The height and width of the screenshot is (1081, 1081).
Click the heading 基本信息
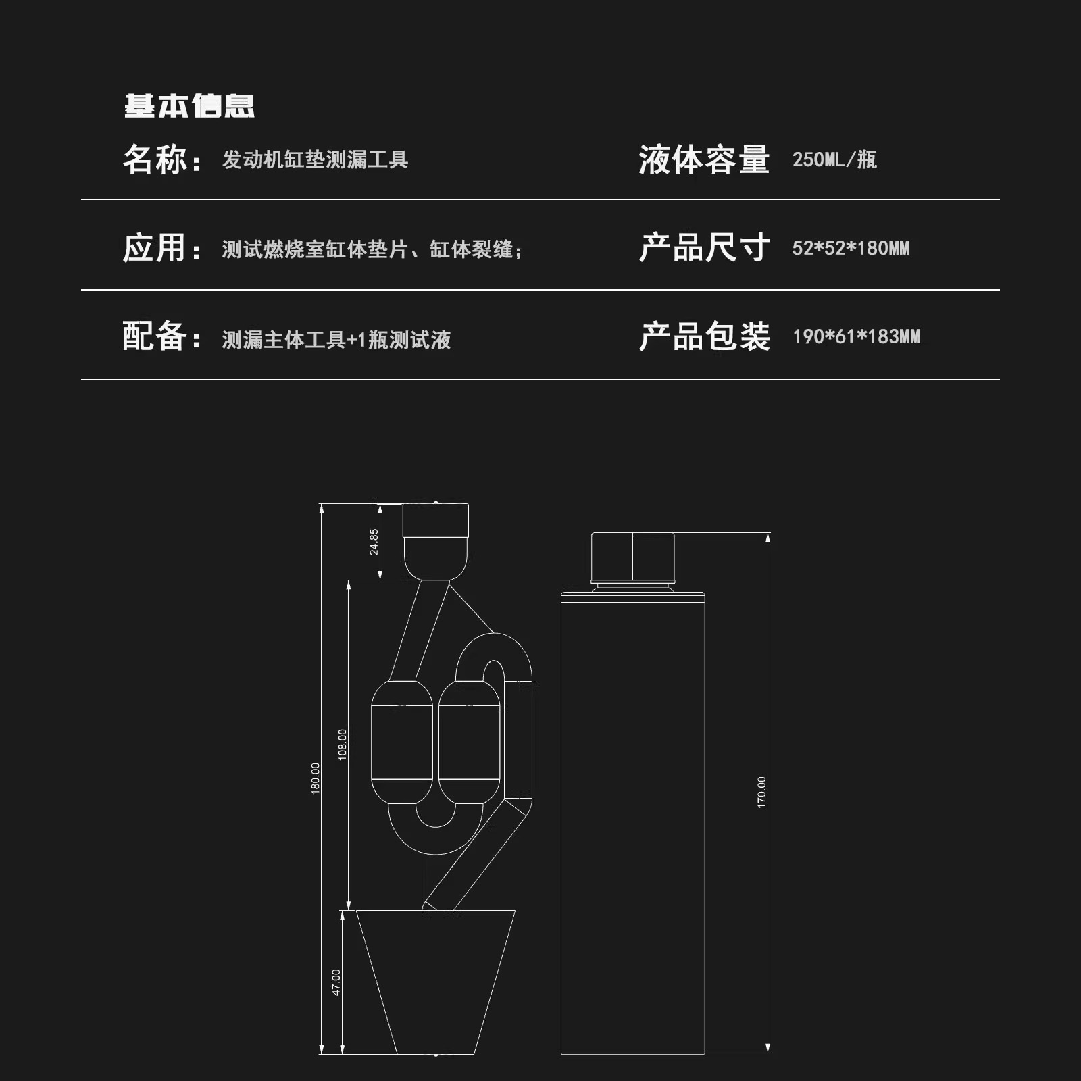189,106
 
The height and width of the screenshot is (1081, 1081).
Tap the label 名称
155,160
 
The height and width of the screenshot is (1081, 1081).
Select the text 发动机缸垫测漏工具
315,160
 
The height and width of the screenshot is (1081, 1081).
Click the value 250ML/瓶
834,160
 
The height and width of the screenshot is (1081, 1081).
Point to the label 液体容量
704,160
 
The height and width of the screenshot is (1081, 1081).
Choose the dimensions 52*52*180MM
851,249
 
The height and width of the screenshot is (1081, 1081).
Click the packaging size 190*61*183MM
856,336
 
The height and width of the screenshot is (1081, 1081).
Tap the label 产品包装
704,336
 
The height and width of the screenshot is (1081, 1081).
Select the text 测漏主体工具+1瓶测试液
336,339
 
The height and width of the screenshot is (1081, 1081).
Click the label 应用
155,248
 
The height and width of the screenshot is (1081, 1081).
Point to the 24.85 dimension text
374,542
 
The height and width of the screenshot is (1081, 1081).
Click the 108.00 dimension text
342,745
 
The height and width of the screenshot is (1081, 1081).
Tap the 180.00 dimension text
315,778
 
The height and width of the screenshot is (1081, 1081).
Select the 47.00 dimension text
336,982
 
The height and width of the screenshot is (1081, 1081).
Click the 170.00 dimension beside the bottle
761,793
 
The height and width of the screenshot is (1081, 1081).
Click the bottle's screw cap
633,558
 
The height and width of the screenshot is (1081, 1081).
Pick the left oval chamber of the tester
402,741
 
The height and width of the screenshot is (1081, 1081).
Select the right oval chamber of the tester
470,741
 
